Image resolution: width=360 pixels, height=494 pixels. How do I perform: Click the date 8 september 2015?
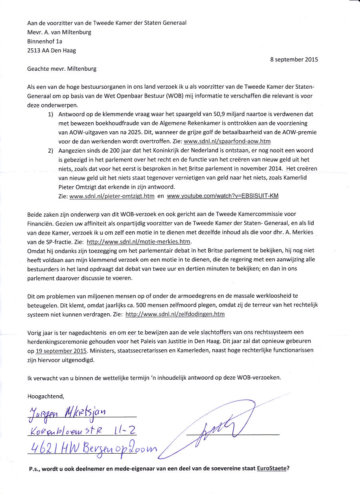point(294,60)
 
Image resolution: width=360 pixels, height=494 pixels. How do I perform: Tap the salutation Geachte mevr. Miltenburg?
point(62,68)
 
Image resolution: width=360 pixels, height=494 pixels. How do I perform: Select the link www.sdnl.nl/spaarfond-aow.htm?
point(227,141)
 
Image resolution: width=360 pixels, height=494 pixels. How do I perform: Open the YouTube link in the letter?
point(222,196)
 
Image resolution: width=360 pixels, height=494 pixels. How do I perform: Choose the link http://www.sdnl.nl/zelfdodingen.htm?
point(175,314)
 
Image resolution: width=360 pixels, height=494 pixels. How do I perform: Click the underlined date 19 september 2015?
point(61,351)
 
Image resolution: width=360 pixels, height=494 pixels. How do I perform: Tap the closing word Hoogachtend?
point(46,396)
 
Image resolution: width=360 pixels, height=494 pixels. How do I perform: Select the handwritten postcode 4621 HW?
point(51,448)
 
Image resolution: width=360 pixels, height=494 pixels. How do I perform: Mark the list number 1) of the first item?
point(51,114)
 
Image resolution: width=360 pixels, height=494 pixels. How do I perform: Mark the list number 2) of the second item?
point(51,150)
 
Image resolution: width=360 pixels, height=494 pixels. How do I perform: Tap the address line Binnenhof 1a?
point(45,41)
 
